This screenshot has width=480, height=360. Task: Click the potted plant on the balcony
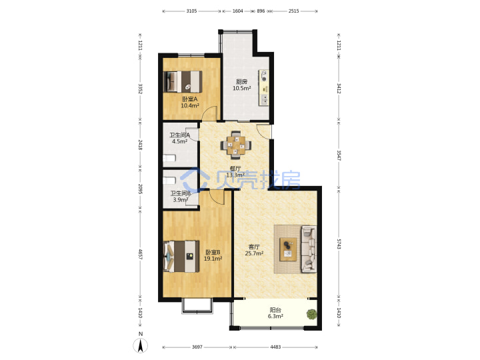click(x=311, y=315)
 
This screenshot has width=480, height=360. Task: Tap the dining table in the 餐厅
click(x=235, y=145)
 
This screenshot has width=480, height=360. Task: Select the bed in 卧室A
click(x=183, y=82)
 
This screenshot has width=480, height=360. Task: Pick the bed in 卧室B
click(x=181, y=256)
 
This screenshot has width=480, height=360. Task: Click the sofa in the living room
click(x=309, y=249)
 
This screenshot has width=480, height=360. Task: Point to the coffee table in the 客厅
click(x=288, y=249)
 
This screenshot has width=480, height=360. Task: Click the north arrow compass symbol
click(x=141, y=345)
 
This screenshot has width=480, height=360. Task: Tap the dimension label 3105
click(x=191, y=11)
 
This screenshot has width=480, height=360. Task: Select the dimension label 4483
click(x=275, y=347)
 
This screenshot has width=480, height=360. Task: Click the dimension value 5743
click(x=339, y=244)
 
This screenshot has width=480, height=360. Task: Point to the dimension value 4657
click(x=140, y=254)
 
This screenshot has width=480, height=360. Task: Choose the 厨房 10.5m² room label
click(x=242, y=85)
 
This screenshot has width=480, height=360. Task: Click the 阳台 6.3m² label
click(x=275, y=313)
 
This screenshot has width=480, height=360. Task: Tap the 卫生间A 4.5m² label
click(x=180, y=138)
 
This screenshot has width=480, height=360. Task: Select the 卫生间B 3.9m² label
click(x=180, y=197)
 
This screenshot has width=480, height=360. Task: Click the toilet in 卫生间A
click(x=169, y=158)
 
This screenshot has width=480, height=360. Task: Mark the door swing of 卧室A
click(x=210, y=113)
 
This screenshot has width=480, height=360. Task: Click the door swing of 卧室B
click(x=217, y=197)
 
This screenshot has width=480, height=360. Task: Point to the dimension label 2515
click(x=293, y=11)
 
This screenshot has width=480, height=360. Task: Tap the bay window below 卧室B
click(x=197, y=305)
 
